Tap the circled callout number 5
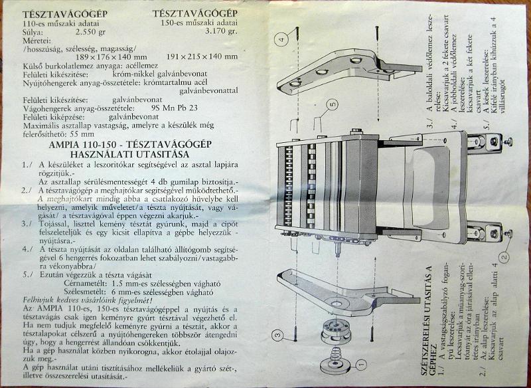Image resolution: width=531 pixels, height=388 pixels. [x=332, y=104]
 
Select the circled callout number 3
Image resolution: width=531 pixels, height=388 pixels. [x=278, y=336]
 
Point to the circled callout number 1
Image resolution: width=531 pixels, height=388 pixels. [x=361, y=364]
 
